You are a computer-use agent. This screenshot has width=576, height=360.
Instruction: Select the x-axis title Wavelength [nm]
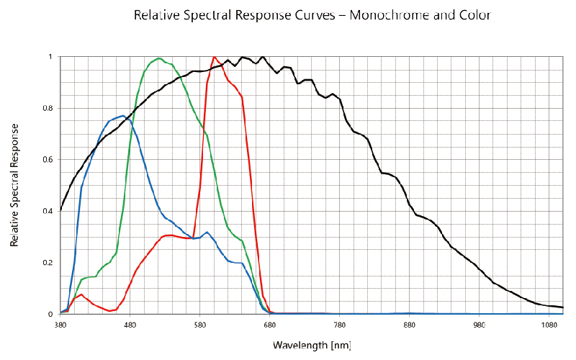point(312,345)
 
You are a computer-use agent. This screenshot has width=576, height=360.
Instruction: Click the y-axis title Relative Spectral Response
point(14,185)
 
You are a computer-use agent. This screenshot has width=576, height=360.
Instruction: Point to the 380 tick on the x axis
point(60,325)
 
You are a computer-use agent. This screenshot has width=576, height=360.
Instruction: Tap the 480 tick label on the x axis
point(130,325)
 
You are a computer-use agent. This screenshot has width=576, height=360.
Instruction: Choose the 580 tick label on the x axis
point(200,325)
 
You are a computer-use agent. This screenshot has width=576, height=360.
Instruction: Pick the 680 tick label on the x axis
point(270,325)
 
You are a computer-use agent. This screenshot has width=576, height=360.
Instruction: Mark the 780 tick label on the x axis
point(340,325)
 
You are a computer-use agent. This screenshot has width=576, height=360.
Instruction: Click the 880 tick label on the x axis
point(410,325)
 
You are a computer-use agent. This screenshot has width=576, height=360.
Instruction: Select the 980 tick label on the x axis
point(480,325)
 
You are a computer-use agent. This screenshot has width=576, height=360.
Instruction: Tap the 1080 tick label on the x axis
point(548,325)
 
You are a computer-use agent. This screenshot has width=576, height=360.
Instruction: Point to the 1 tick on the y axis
point(50,57)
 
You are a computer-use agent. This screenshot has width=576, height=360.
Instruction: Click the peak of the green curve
point(159,58)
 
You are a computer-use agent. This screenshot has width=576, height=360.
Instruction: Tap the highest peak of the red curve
point(215,56)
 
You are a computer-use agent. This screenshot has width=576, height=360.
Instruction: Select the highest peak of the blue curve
point(122,115)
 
